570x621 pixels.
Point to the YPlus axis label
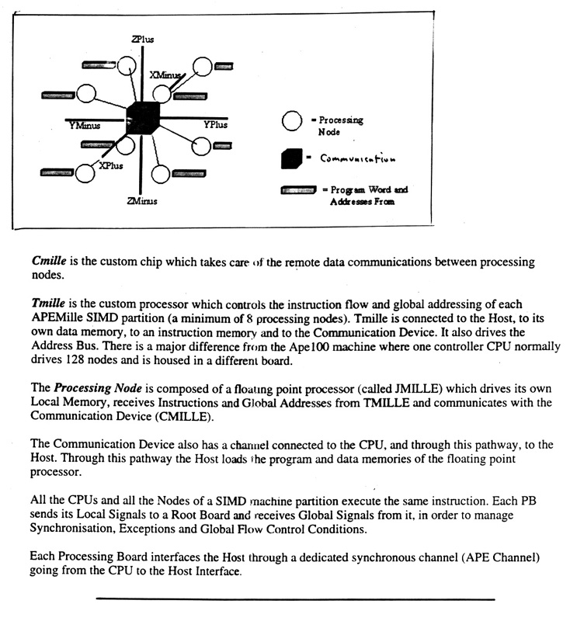(217, 124)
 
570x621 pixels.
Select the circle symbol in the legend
(291, 123)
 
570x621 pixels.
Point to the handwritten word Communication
(357, 161)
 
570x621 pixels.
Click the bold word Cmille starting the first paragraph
(48, 262)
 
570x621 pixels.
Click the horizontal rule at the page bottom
(295, 599)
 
